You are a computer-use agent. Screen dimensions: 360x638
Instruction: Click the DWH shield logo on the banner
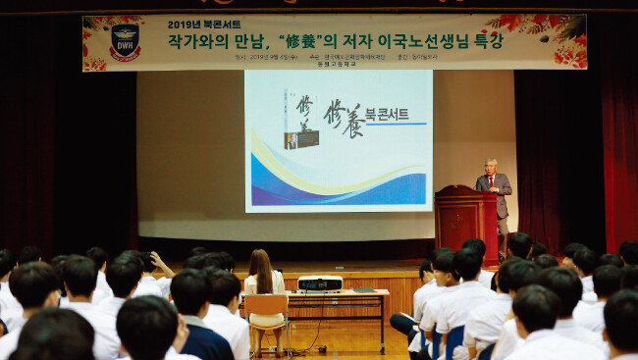pos(125,41)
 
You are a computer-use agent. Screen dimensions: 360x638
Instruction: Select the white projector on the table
pos(319,283)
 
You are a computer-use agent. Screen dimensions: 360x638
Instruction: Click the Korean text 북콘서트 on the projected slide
pos(387,114)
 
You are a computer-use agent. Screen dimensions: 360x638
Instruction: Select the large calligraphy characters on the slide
pos(343,117)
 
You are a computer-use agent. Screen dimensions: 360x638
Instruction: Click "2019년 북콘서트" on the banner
pos(204,25)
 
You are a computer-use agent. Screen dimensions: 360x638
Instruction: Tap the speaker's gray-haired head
pos(490,164)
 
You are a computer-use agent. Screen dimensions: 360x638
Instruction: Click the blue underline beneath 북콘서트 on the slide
pos(396,124)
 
